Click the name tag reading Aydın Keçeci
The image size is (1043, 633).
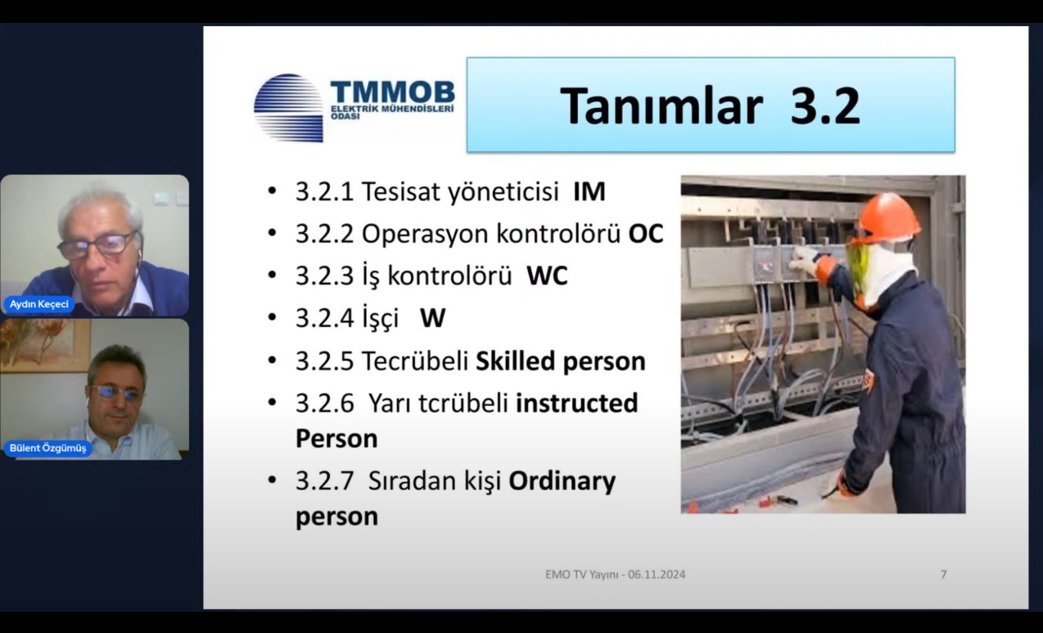click(x=39, y=304)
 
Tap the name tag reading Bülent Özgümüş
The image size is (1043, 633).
click(x=47, y=448)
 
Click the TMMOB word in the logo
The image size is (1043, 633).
click(x=392, y=92)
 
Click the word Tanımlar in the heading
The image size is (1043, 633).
click(x=661, y=106)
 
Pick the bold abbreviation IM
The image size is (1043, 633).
click(x=589, y=191)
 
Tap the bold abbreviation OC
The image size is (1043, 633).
click(x=646, y=233)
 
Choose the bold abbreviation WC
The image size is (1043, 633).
click(x=547, y=276)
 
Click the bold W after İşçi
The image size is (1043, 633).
click(x=432, y=319)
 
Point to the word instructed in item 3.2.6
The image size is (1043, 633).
click(x=577, y=402)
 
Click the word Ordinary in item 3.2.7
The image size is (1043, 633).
click(x=562, y=482)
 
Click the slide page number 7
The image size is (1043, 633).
click(x=944, y=575)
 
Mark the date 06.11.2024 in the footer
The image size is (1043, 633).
click(x=657, y=575)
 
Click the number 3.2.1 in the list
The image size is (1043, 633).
click(x=325, y=191)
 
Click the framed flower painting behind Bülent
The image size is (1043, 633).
click(x=44, y=345)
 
